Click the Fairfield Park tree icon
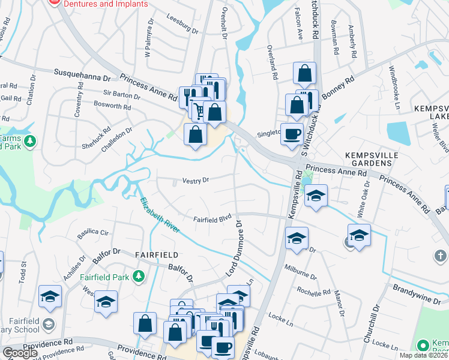(139, 275)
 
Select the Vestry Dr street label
(196, 180)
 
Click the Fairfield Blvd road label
(212, 220)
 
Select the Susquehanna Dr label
(83, 75)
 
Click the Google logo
(20, 353)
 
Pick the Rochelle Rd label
(314, 292)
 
